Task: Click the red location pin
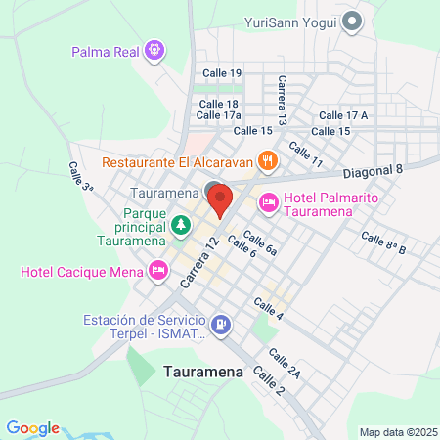(220, 199)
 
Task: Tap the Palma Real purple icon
(154, 49)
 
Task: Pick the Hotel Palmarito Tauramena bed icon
(268, 203)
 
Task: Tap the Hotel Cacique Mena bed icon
(157, 269)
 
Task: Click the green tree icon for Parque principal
(181, 227)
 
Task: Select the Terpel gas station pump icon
(222, 325)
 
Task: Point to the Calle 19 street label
(222, 73)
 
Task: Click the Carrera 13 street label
(282, 101)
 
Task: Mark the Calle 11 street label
(305, 154)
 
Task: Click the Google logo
(32, 428)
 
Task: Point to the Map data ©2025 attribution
(396, 432)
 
